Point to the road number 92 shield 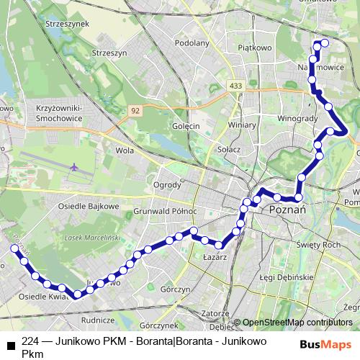[135, 110]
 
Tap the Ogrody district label [167, 184]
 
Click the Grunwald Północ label [166, 212]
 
